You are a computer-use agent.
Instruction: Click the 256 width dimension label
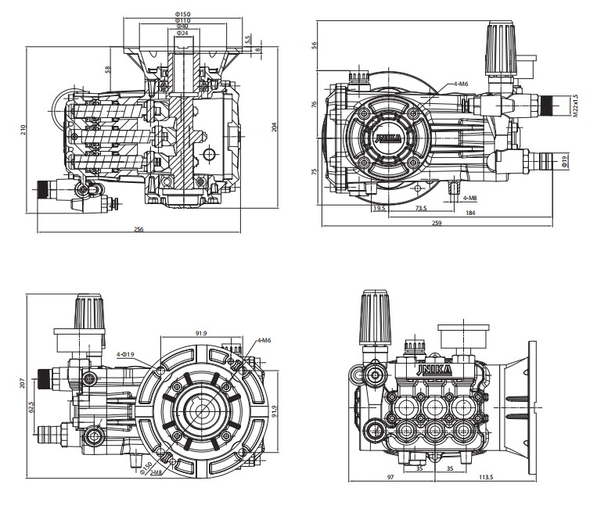pos(138,229)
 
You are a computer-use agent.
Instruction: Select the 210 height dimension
pos(23,129)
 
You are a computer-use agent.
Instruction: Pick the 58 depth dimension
pos(108,70)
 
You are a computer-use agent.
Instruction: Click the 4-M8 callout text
pos(469,197)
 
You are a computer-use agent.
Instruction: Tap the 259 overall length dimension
pos(437,224)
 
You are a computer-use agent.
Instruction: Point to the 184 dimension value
pos(470,213)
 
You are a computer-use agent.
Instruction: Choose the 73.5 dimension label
pos(420,209)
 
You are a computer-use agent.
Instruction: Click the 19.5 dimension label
pos(379,209)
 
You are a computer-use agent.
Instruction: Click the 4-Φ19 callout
pos(126,355)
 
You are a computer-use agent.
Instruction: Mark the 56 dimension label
pos(315,45)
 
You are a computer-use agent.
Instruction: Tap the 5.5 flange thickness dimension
pos(247,39)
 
